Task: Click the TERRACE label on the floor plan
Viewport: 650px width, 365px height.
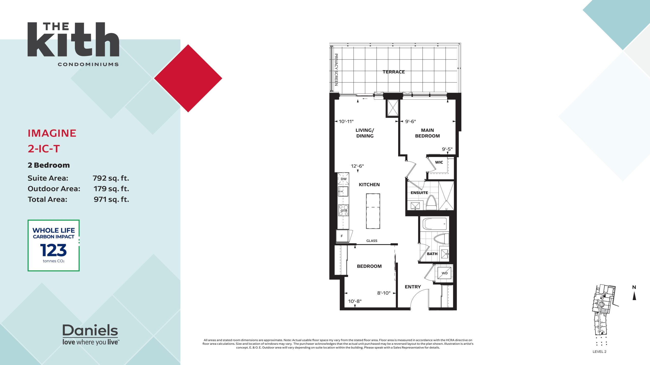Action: [x=394, y=72]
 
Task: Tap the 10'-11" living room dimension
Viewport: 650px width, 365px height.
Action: [x=346, y=121]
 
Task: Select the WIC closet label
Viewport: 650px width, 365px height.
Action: [x=439, y=162]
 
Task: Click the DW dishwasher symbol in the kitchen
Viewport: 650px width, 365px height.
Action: [x=343, y=178]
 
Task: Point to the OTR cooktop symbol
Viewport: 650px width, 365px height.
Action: [x=344, y=210]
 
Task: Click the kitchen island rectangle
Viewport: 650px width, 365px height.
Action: [x=373, y=211]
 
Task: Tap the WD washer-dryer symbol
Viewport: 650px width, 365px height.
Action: [x=444, y=273]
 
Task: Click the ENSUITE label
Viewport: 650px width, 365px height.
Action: [x=419, y=193]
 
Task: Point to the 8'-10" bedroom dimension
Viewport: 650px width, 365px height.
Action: [x=384, y=293]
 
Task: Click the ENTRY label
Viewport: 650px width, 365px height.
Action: [x=413, y=287]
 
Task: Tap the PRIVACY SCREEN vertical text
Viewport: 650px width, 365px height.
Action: [x=336, y=70]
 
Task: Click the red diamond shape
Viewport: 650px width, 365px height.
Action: [x=188, y=78]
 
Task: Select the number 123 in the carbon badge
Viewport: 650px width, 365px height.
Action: [x=53, y=250]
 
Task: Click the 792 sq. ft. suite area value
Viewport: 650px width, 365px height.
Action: [x=111, y=178]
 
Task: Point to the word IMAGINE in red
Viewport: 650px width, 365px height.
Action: [x=52, y=133]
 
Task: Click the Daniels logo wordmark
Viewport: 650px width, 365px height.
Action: [x=90, y=330]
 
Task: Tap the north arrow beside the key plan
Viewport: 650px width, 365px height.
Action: [x=634, y=296]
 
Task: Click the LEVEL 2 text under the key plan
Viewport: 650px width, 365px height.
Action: [x=599, y=352]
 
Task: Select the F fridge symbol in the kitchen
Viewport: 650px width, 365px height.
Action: [x=342, y=236]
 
